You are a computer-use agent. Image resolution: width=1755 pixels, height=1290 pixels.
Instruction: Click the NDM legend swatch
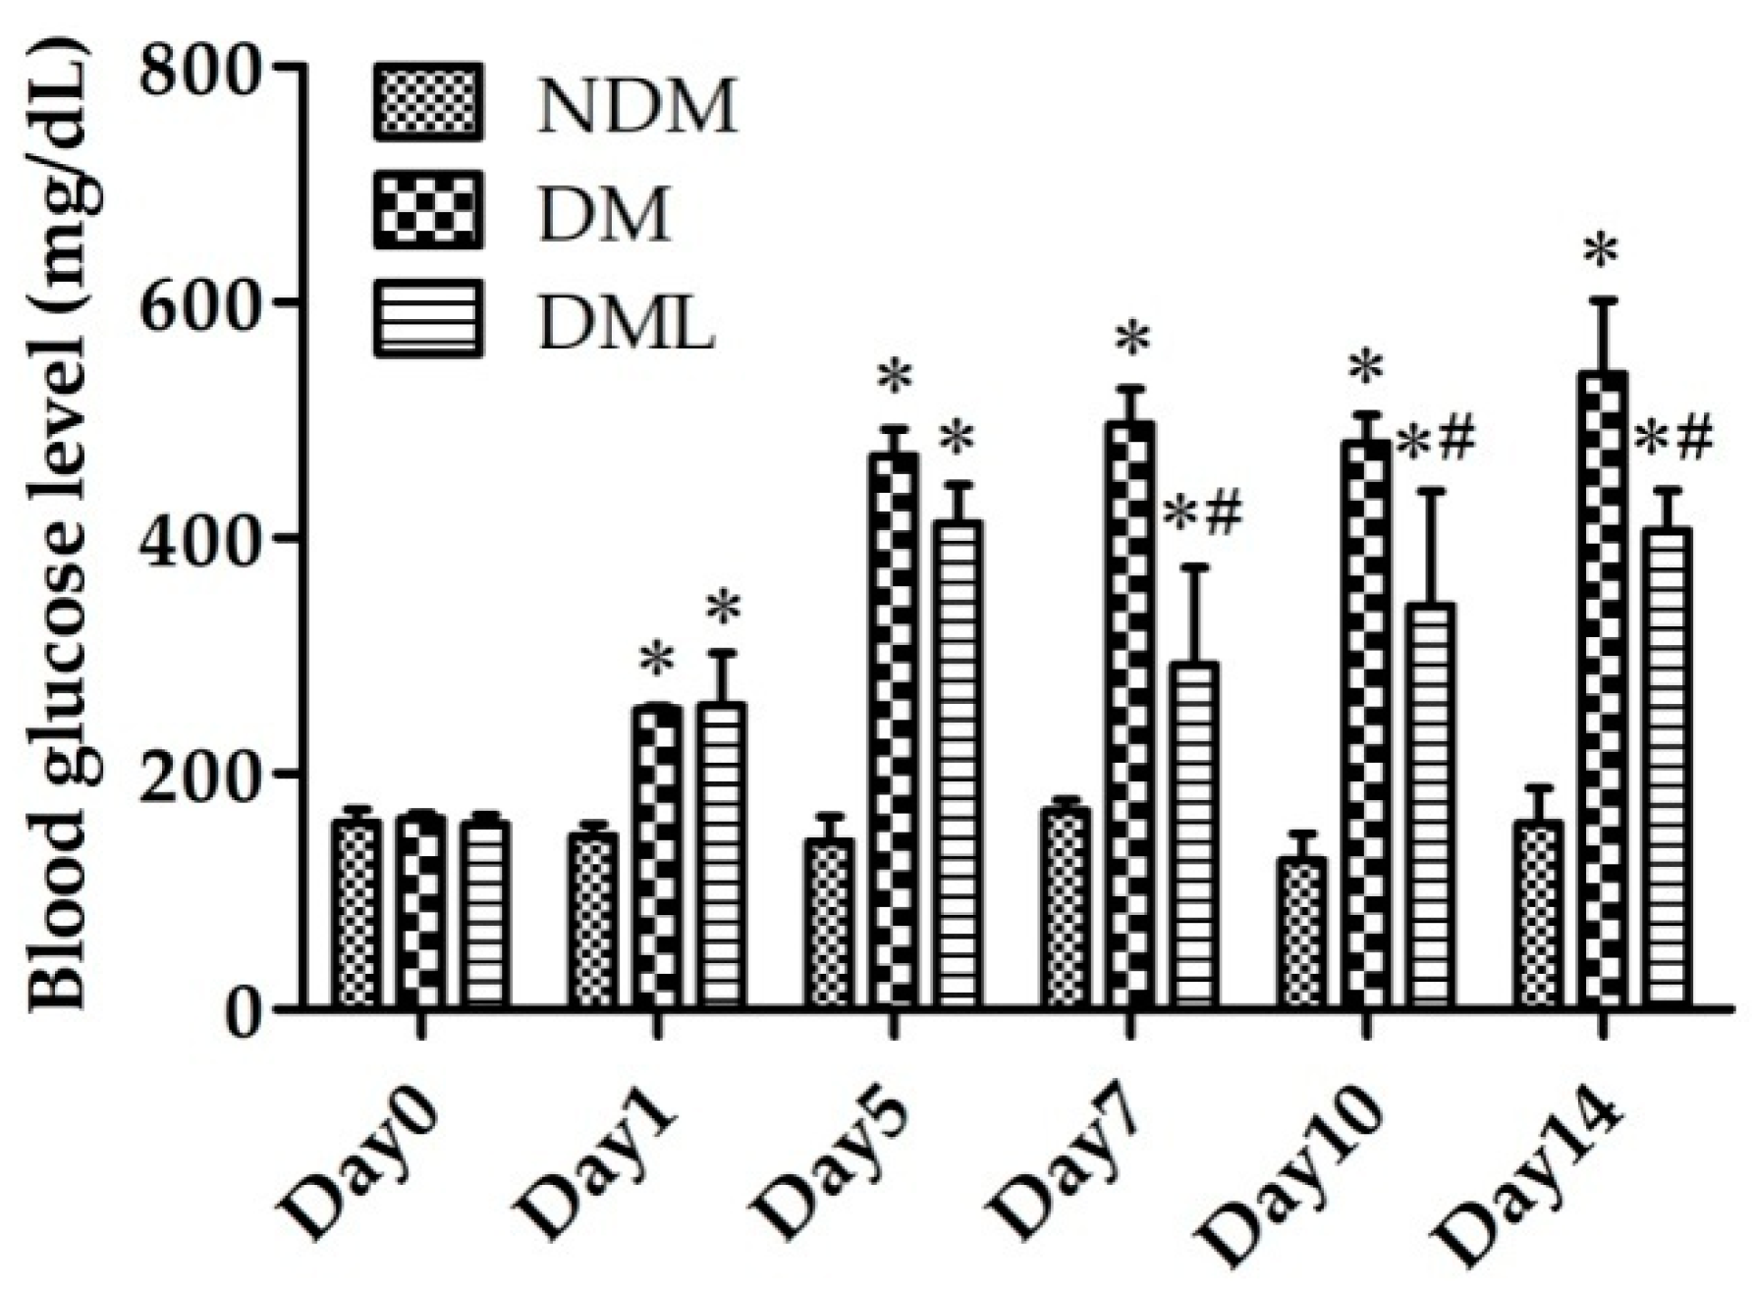pos(429,101)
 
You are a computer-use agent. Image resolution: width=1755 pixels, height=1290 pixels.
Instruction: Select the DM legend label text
pos(605,215)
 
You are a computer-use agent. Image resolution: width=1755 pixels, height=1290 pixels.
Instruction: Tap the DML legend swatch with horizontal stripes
pos(429,318)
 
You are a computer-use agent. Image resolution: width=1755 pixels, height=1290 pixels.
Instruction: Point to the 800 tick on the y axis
pos(285,66)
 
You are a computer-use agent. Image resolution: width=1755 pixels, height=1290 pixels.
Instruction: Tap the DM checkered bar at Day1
pos(657,854)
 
